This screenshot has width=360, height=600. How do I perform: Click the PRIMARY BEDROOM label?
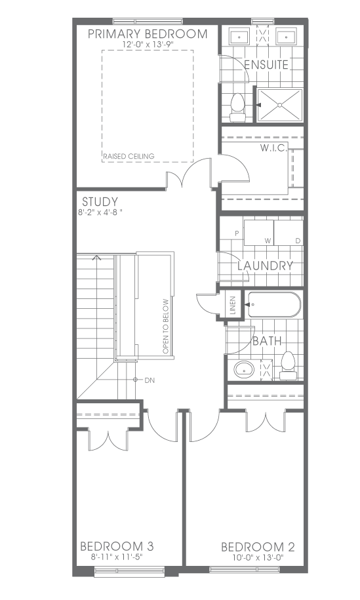(x=148, y=33)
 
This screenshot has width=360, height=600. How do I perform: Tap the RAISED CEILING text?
(x=129, y=156)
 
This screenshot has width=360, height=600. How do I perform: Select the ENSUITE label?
(x=266, y=65)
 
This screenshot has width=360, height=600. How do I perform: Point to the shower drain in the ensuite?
(x=279, y=104)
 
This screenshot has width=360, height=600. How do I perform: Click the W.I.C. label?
(x=273, y=148)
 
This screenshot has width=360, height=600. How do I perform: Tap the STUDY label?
(x=100, y=202)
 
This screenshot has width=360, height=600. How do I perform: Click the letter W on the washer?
(x=268, y=241)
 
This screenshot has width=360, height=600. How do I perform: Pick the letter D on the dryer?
(x=298, y=241)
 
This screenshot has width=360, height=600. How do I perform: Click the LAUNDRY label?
(x=266, y=265)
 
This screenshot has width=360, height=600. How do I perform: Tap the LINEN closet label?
(x=233, y=305)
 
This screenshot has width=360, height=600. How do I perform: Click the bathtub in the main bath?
(x=274, y=305)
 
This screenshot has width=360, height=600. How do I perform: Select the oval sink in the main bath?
(x=244, y=369)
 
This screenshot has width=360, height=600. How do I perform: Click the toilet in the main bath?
(x=288, y=365)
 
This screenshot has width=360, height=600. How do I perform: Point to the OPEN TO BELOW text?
(x=165, y=327)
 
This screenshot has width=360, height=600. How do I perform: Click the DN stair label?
(x=150, y=380)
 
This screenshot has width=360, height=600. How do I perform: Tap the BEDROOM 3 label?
(x=117, y=546)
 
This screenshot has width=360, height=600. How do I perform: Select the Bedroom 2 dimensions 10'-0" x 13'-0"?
(x=258, y=557)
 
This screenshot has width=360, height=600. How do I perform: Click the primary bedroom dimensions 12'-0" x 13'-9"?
(x=148, y=45)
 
